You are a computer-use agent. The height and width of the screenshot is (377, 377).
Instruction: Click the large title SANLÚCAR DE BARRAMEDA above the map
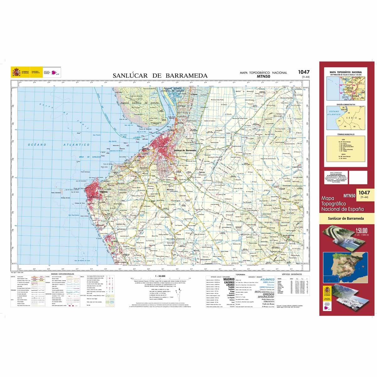click(x=160, y=76)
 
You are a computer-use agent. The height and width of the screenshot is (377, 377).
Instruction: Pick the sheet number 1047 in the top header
click(x=303, y=73)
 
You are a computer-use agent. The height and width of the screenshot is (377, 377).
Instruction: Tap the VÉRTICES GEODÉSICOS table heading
click(x=292, y=274)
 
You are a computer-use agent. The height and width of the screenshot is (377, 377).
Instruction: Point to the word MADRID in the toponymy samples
click(x=228, y=279)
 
